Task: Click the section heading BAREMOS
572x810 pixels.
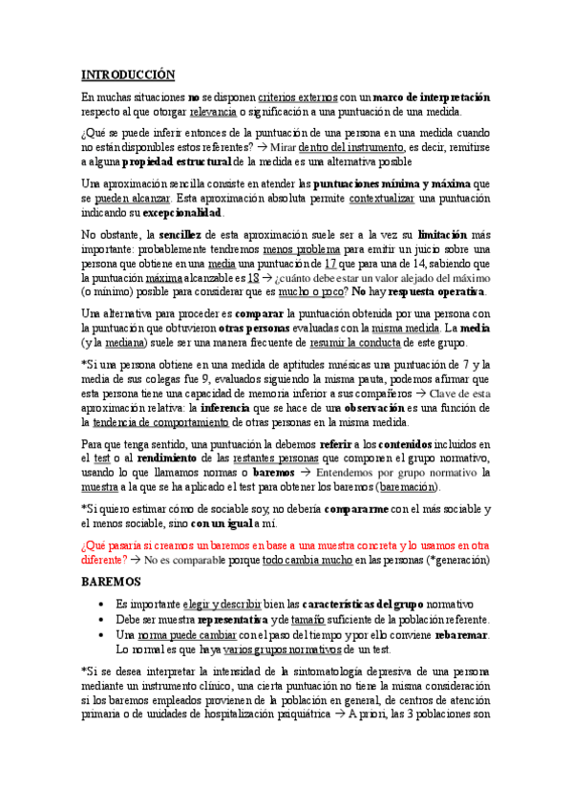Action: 111,581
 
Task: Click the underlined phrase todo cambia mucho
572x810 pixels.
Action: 310,559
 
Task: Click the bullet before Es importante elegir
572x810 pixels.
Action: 101,605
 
